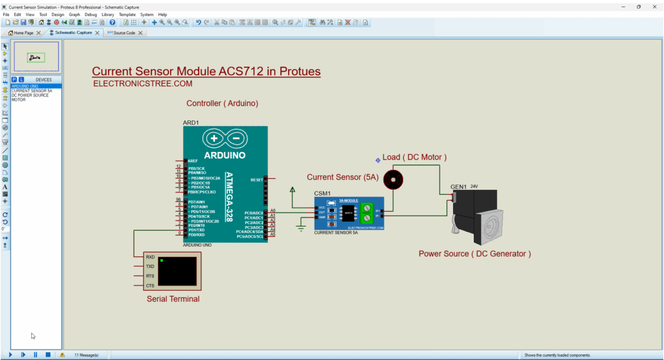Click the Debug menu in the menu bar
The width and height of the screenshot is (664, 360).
pos(91,14)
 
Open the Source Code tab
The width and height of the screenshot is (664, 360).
pos(124,32)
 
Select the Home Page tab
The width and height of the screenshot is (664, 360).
pos(23,32)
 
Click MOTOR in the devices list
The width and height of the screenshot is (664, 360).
pos(18,100)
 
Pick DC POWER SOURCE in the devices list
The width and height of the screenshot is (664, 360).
pos(30,95)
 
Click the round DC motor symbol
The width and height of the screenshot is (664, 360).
pos(393,179)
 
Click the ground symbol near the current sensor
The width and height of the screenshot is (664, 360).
pos(301,226)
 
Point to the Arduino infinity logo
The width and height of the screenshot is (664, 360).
pos(225,139)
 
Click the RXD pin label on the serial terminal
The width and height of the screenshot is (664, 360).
pos(150,256)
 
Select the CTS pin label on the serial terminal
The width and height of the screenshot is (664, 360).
pos(150,286)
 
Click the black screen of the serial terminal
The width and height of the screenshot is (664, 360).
pos(177,271)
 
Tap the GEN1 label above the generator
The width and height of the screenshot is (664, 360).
pos(459,187)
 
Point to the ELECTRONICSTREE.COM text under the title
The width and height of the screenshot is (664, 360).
pos(142,84)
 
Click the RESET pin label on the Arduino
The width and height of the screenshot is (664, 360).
pos(256,179)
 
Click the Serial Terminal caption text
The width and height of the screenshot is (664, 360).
pos(173,299)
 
